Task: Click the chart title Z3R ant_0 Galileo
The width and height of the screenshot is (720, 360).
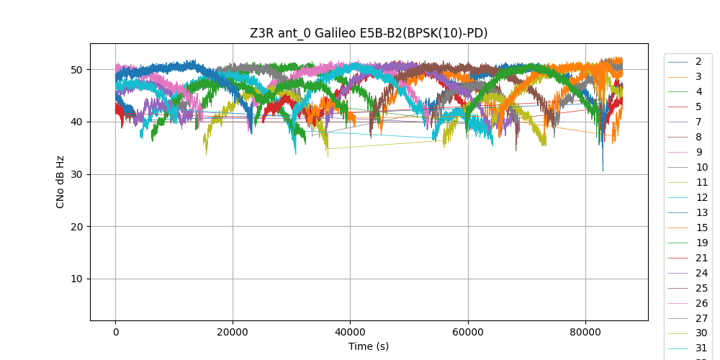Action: [x=369, y=33]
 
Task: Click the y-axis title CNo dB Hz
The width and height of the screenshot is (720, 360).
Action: [x=60, y=182]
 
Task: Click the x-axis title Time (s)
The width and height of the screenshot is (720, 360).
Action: [x=369, y=346]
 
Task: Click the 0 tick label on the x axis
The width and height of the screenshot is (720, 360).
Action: [x=115, y=332]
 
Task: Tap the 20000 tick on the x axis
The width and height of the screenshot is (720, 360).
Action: [x=233, y=332]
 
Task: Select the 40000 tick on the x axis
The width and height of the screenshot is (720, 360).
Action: [x=350, y=332]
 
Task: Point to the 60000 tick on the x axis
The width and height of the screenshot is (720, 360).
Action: [x=467, y=332]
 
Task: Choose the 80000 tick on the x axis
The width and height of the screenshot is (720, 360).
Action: [x=585, y=332]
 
